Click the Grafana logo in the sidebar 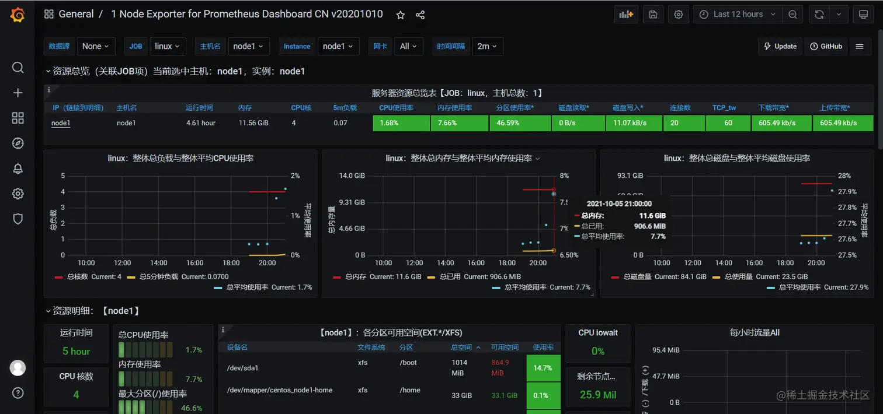pos(18,15)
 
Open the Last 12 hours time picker pos(738,15)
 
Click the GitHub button pos(826,47)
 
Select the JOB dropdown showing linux pos(168,47)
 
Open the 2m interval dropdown pos(487,47)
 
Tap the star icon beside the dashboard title pos(401,15)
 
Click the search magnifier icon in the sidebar pos(18,68)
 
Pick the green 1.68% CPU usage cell pos(401,123)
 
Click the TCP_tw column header pos(724,108)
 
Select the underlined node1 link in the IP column pos(61,123)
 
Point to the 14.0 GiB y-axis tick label pos(352,176)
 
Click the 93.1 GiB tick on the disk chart pos(630,176)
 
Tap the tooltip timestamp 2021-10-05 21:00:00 pos(619,204)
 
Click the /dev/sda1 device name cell pos(242,368)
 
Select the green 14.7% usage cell pos(543,368)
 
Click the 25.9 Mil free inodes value pos(597,395)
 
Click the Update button pos(780,47)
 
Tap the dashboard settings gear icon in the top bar pos(679,15)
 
